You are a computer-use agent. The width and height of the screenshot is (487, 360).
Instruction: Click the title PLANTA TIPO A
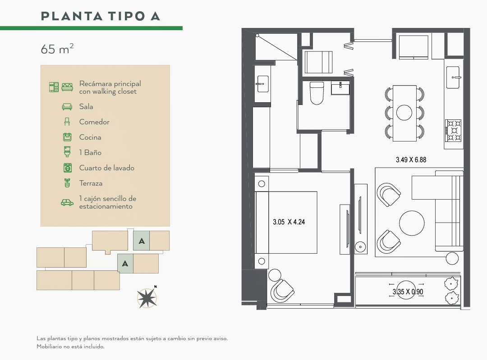pyautogui.click(x=100, y=16)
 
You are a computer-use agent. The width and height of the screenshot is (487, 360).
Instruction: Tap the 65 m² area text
pyautogui.click(x=57, y=49)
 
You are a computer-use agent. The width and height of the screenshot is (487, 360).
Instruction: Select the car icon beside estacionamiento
pyautogui.click(x=67, y=202)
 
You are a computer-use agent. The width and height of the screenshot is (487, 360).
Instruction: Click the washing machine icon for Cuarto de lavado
pyautogui.click(x=67, y=168)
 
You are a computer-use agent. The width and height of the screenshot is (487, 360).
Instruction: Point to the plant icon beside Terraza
pyautogui.click(x=67, y=183)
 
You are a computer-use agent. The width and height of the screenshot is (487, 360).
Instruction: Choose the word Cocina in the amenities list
pyautogui.click(x=90, y=137)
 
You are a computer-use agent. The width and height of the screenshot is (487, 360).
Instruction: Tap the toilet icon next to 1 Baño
pyautogui.click(x=67, y=152)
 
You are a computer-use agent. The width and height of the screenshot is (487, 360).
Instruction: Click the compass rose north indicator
pyautogui.click(x=147, y=297)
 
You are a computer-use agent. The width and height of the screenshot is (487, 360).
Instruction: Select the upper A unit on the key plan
pyautogui.click(x=142, y=241)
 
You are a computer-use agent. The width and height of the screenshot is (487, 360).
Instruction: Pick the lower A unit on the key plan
pyautogui.click(x=125, y=264)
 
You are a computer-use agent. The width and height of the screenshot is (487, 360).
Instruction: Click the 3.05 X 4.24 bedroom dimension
pyautogui.click(x=289, y=222)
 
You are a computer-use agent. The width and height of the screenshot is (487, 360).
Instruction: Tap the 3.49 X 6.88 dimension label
pyautogui.click(x=411, y=160)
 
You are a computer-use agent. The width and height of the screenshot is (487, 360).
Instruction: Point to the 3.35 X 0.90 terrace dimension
pyautogui.click(x=408, y=292)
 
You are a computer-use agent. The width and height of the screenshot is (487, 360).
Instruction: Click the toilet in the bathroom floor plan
pyautogui.click(x=317, y=93)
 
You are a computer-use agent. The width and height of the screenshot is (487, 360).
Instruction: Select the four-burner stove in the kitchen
pyautogui.click(x=454, y=130)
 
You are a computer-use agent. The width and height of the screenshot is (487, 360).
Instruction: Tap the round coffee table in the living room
pyautogui.click(x=412, y=223)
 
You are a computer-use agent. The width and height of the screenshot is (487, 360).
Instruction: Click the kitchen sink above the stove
pyautogui.click(x=453, y=77)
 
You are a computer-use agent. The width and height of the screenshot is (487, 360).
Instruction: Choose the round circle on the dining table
pyautogui.click(x=404, y=112)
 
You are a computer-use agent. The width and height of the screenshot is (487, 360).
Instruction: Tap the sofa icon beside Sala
pyautogui.click(x=67, y=106)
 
